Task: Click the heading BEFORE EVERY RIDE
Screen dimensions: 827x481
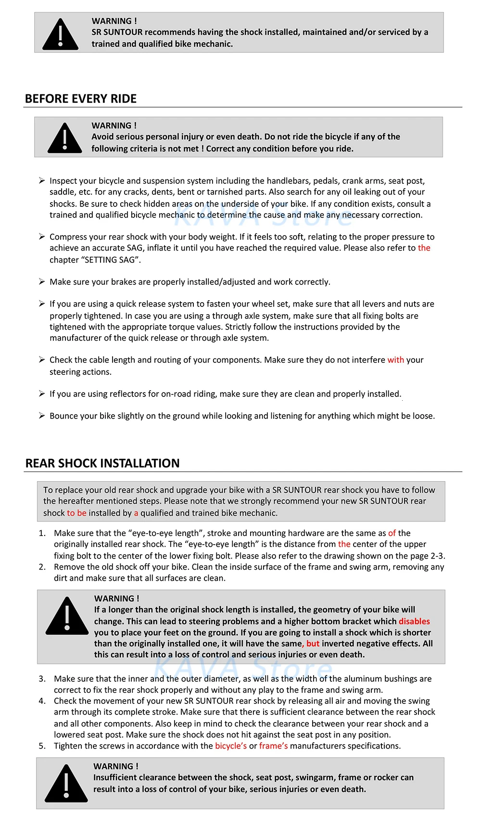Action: tap(81, 99)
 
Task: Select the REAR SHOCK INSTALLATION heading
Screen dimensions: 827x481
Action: tap(102, 463)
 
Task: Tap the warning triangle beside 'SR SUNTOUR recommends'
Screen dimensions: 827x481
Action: tap(60, 35)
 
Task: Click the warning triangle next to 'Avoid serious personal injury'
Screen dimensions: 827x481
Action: tap(65, 139)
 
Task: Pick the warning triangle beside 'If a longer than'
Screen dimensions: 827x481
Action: tap(67, 616)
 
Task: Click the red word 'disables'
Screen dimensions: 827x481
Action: tap(414, 621)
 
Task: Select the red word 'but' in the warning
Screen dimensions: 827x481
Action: tap(313, 643)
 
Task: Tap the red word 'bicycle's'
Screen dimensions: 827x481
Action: tap(231, 746)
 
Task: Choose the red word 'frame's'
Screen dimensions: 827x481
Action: tap(273, 746)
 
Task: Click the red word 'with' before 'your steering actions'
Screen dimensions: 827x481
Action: tap(396, 360)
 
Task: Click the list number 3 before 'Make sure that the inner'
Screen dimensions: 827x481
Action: tap(42, 679)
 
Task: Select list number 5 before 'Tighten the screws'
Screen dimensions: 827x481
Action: tap(42, 746)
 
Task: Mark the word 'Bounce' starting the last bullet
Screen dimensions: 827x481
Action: tap(64, 416)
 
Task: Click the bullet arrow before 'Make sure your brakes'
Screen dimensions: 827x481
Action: tap(42, 281)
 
